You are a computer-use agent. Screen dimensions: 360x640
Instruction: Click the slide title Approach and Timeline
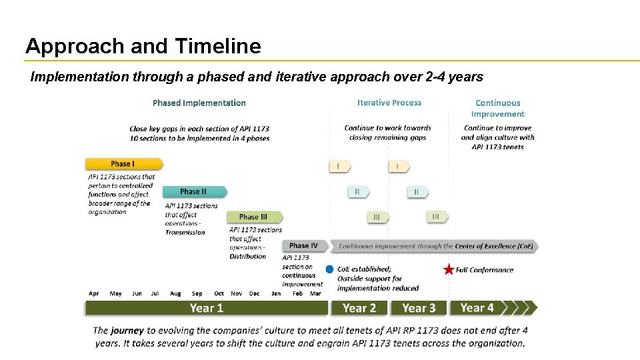(x=143, y=46)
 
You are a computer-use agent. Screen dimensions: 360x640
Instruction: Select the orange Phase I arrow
(x=123, y=164)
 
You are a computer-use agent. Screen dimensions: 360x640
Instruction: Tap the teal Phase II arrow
(x=194, y=192)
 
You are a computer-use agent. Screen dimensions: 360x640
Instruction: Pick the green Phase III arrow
(x=254, y=217)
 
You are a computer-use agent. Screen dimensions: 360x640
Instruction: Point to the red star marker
(x=449, y=270)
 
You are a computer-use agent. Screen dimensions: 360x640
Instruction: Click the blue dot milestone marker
(x=329, y=269)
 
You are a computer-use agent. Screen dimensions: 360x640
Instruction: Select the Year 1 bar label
(x=206, y=308)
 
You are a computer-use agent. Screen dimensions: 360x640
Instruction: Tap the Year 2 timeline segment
(x=359, y=308)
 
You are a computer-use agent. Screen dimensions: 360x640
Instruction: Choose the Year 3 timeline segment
(x=419, y=308)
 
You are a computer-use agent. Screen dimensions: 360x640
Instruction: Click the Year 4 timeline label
(x=477, y=307)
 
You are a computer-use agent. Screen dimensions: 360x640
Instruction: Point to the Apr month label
(x=94, y=293)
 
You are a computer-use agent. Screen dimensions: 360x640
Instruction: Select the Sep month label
(x=197, y=293)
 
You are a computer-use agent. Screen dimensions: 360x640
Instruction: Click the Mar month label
(x=315, y=293)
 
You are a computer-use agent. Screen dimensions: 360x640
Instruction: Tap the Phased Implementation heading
(x=199, y=103)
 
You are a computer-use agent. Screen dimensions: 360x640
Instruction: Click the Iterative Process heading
(x=389, y=103)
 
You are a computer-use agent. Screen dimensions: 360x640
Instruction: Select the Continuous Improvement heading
(x=497, y=108)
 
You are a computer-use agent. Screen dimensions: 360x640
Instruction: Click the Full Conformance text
(x=485, y=270)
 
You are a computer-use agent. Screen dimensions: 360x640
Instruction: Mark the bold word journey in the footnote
(x=127, y=330)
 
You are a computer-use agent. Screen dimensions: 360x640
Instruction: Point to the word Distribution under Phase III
(x=248, y=257)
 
